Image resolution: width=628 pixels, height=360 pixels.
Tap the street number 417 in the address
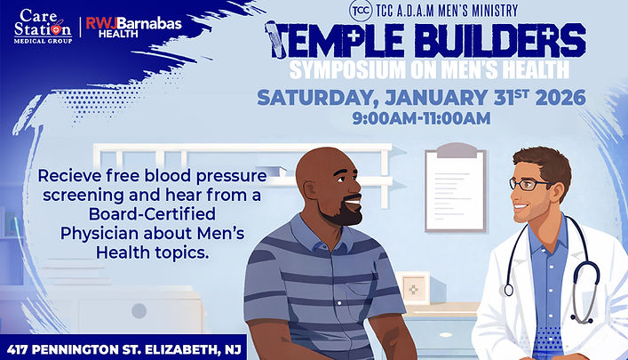(x=24, y=348)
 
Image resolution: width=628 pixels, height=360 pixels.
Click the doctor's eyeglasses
(x=532, y=184)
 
